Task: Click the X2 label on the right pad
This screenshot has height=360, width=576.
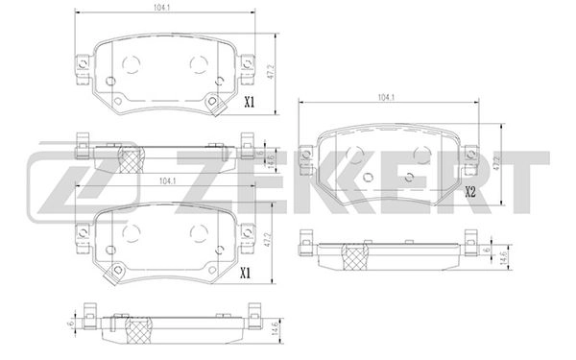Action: click(x=470, y=191)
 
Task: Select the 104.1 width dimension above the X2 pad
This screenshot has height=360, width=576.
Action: click(x=388, y=98)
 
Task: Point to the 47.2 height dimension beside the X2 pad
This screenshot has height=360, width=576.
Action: click(x=497, y=164)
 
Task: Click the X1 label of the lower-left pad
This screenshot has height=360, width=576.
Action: click(x=246, y=274)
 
